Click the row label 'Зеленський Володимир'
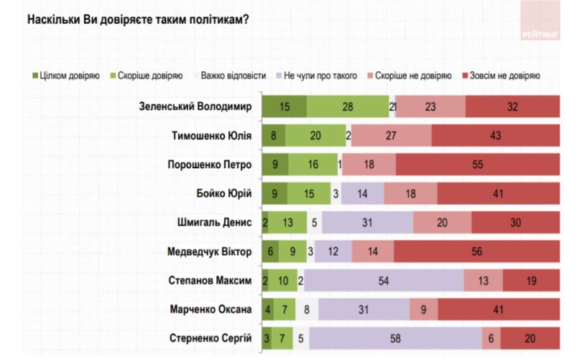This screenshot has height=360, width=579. (195, 106)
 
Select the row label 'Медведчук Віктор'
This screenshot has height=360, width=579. (208, 251)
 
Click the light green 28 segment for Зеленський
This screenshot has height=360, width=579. (348, 106)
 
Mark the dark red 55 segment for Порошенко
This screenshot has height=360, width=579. (477, 165)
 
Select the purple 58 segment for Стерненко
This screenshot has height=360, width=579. (395, 338)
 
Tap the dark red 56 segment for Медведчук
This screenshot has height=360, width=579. (476, 251)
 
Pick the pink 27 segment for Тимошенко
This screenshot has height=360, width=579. (392, 135)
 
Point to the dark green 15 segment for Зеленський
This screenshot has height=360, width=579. (284, 106)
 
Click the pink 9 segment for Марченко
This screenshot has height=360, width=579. (423, 310)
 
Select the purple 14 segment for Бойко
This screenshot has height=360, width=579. (362, 193)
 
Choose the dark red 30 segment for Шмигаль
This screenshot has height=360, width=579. (516, 222)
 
